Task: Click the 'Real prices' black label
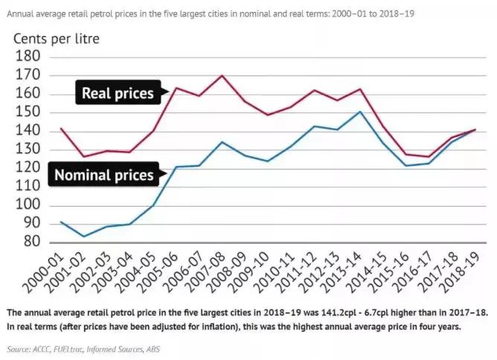pyautogui.click(x=117, y=94)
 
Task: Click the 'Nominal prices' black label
pyautogui.click(x=103, y=176)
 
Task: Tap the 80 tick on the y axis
pyautogui.click(x=34, y=243)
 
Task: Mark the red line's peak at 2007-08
pyautogui.click(x=222, y=75)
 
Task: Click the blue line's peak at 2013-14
pyautogui.click(x=359, y=112)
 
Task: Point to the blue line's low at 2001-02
pyautogui.click(x=85, y=237)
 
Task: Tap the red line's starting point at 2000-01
pyautogui.click(x=62, y=129)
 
